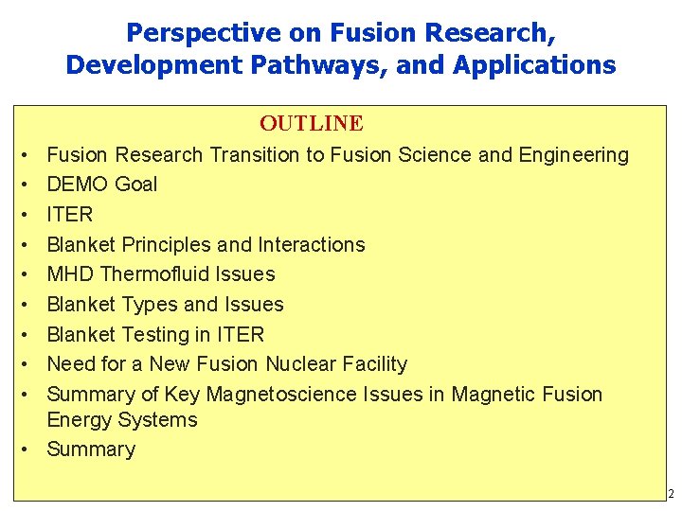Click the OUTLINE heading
pyautogui.click(x=312, y=124)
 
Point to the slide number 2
pyautogui.click(x=671, y=494)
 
